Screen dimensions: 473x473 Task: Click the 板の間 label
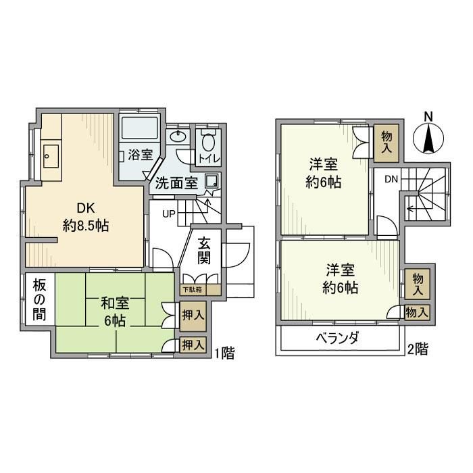click(38, 297)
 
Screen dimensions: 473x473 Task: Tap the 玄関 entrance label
click(206, 249)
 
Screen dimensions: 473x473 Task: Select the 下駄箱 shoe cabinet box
click(191, 291)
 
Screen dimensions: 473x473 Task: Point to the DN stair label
click(391, 179)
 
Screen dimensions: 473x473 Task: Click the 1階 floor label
click(224, 353)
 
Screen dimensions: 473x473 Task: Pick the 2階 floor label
click(417, 349)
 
